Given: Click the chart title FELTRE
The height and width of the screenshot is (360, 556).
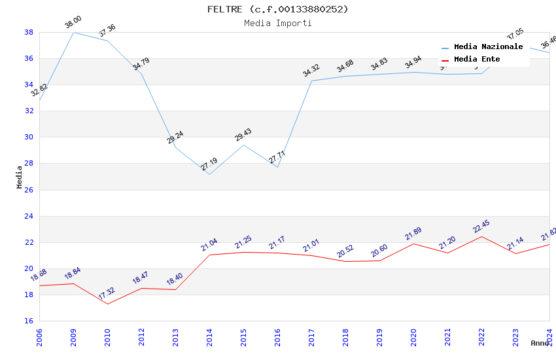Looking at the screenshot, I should point(277,9).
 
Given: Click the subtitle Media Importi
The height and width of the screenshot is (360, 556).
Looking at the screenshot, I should point(277,24).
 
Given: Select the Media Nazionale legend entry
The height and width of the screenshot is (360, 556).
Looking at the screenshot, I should point(488,47).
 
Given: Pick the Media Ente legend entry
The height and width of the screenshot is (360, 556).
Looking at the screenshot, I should point(477,60).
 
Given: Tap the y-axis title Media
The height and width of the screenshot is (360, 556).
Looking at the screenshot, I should point(20,177).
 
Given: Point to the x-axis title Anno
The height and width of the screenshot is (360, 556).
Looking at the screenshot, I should point(540,343).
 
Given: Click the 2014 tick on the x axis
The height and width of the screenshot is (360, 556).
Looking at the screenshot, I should point(209,334).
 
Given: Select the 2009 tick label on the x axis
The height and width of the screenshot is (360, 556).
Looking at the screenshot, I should point(73,334).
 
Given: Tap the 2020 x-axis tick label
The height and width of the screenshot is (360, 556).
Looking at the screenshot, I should point(413,334).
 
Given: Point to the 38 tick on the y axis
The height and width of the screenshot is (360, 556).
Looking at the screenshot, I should point(29,32).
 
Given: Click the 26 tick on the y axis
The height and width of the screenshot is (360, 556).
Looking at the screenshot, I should point(29,190).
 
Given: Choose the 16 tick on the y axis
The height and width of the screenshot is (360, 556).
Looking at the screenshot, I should point(29,321).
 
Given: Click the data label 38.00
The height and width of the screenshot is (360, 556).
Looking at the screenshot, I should point(73,24).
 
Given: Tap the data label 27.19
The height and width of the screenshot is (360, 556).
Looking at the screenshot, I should point(209,164).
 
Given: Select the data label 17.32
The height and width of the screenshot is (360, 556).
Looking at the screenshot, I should point(107,294).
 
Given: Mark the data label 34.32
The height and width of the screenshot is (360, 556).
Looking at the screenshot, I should point(311,71).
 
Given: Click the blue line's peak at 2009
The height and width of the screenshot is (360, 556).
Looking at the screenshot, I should point(73,32).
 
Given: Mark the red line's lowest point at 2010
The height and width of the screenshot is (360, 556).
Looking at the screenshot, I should point(107,304).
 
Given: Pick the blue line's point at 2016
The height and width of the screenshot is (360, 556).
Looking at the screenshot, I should point(277,167).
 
